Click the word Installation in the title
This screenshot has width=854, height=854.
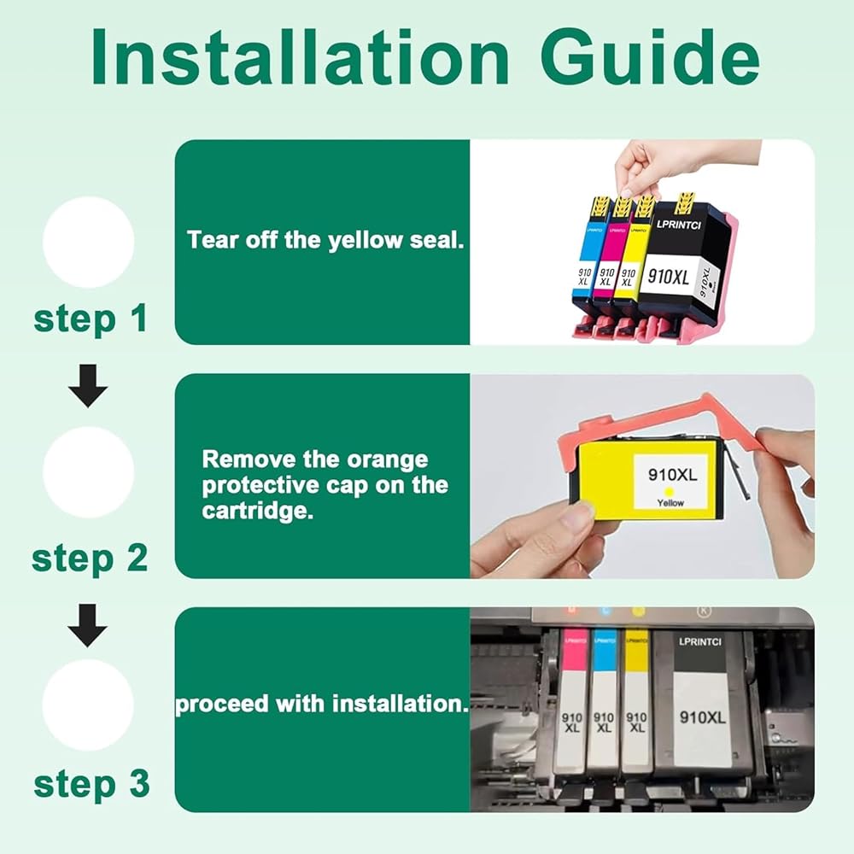[300, 56]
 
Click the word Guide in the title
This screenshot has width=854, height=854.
[650, 56]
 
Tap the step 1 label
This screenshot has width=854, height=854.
[91, 319]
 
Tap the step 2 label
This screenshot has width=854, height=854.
[90, 559]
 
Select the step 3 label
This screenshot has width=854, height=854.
[91, 785]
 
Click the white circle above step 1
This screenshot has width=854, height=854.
[88, 242]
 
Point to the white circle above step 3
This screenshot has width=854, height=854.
[88, 705]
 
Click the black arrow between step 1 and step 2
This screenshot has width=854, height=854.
[88, 386]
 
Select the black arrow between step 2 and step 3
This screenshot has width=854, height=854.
[88, 625]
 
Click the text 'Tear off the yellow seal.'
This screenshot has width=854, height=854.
[325, 240]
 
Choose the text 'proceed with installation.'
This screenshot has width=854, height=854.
[322, 704]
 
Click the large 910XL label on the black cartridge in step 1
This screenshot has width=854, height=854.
[669, 277]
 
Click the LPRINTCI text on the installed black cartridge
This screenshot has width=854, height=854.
[700, 641]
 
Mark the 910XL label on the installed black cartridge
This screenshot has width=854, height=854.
[703, 718]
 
